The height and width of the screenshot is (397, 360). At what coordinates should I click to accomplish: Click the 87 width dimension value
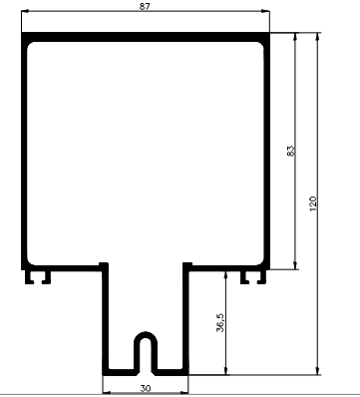pyautogui.click(x=145, y=6)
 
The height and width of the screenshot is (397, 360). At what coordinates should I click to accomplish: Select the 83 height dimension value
pyautogui.click(x=290, y=151)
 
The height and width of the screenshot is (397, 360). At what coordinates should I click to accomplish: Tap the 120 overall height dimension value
pyautogui.click(x=313, y=203)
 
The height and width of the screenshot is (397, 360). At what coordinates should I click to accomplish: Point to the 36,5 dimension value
pyautogui.click(x=220, y=322)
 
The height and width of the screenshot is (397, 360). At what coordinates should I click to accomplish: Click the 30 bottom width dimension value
pyautogui.click(x=146, y=388)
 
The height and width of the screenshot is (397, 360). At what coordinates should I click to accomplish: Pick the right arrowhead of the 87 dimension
pyautogui.click(x=265, y=11)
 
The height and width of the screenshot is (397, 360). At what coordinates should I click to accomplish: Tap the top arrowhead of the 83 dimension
pyautogui.click(x=295, y=37)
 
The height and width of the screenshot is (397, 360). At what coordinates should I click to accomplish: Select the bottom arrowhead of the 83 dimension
pyautogui.click(x=295, y=265)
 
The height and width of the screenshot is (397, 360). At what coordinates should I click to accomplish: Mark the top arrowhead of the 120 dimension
pyautogui.click(x=318, y=37)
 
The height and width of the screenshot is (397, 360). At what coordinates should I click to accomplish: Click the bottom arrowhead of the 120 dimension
pyautogui.click(x=318, y=370)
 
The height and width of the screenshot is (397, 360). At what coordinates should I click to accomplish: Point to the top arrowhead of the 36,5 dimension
pyautogui.click(x=225, y=274)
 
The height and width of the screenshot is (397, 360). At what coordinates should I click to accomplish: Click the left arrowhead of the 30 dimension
pyautogui.click(x=107, y=392)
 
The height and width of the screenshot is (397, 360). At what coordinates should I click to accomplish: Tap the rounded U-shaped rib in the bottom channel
pyautogui.click(x=146, y=333)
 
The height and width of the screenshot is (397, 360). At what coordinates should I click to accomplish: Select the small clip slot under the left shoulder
pyautogui.click(x=38, y=277)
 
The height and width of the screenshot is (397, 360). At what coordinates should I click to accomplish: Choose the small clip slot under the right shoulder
pyautogui.click(x=253, y=277)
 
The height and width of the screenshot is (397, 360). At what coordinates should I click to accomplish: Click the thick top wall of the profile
pyautogui.click(x=146, y=37)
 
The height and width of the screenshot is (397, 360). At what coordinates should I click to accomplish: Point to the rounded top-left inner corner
pyautogui.click(x=30, y=45)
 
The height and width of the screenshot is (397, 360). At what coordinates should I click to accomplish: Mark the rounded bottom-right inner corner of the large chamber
pyautogui.click(x=261, y=262)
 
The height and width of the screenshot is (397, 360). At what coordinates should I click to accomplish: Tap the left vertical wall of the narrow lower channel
pyautogui.click(x=106, y=319)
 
